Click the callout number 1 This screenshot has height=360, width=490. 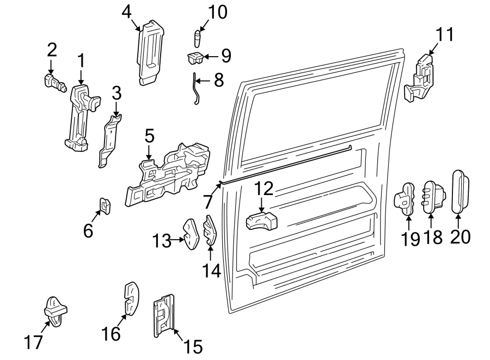pyautogui.click(x=81, y=60)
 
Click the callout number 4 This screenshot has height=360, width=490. pyautogui.click(x=126, y=11)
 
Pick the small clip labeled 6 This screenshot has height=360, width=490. pyautogui.click(x=105, y=205)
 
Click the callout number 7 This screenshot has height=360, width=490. pyautogui.click(x=208, y=202)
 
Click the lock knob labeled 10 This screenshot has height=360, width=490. pyautogui.click(x=198, y=38)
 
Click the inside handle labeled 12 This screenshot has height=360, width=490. pyautogui.click(x=262, y=222)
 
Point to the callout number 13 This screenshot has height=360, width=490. pyautogui.click(x=161, y=239)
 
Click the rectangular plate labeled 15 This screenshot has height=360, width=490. pyautogui.click(x=164, y=315)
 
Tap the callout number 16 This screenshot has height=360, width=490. pyautogui.click(x=112, y=334)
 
